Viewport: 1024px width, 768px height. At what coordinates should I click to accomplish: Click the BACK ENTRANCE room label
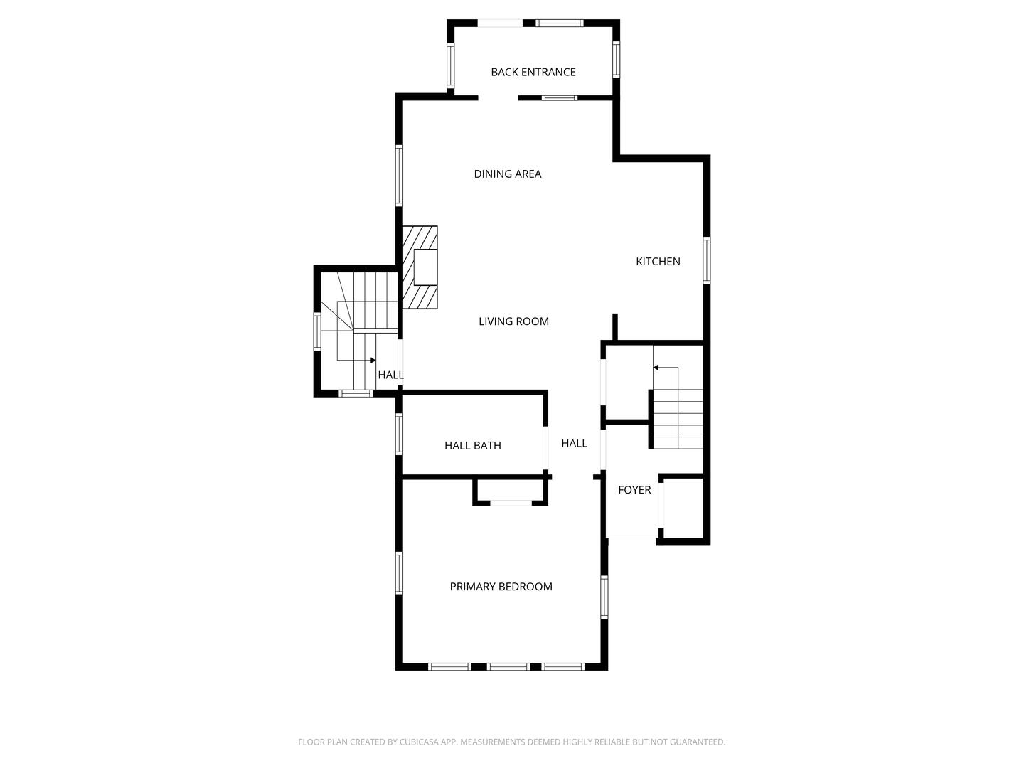point(533,72)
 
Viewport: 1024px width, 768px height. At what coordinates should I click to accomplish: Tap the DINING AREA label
point(507,174)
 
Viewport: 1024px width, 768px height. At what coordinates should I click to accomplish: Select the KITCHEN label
point(658,262)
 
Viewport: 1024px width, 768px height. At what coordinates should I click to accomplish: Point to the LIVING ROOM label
point(513,321)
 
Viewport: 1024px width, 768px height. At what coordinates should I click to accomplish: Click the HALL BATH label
point(472,446)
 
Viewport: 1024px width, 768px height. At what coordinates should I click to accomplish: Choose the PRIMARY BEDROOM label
point(501,587)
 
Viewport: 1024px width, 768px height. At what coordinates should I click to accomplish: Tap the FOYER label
point(634,490)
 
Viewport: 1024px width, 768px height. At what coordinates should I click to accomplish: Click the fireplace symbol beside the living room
point(420,267)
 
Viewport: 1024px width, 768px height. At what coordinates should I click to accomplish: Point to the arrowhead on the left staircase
point(373,361)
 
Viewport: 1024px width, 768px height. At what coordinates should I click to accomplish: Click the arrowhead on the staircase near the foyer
point(656,368)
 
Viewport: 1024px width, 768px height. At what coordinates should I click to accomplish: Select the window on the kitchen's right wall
point(706,260)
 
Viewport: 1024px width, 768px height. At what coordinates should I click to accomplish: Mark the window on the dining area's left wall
point(400,175)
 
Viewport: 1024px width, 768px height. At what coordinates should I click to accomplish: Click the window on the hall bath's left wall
point(400,434)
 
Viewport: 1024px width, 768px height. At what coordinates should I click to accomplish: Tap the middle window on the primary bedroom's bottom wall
point(508,666)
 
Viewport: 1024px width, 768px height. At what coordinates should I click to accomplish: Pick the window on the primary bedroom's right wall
point(604,597)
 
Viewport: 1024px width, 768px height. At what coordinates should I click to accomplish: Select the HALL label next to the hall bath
point(574,444)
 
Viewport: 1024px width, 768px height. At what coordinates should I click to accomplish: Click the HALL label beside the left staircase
point(390,375)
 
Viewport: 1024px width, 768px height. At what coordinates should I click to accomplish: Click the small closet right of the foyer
point(683,508)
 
